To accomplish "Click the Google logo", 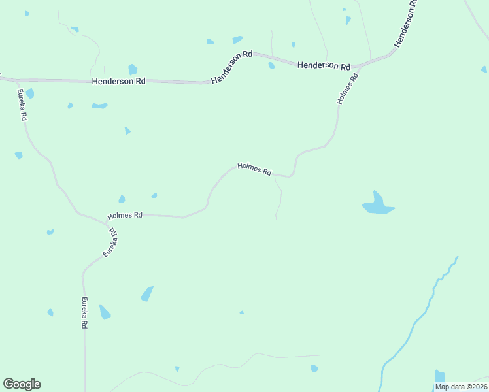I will click(x=22, y=384).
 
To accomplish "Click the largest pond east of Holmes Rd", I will click(x=378, y=205).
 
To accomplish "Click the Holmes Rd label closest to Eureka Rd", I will click(x=125, y=215).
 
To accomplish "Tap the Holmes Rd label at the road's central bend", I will click(x=254, y=169).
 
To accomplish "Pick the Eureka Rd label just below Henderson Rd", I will click(x=22, y=105).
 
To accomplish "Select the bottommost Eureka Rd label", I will click(x=84, y=312).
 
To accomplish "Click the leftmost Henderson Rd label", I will click(x=118, y=81).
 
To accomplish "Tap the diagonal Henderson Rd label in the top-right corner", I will click(x=406, y=24).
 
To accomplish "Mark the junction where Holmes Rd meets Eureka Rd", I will click(x=107, y=223).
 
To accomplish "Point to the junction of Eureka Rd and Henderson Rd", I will click(x=14, y=80).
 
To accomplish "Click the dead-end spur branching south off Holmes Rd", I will click(x=279, y=199).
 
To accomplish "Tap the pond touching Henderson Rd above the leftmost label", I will click(x=133, y=69).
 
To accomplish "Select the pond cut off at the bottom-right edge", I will click(x=439, y=377).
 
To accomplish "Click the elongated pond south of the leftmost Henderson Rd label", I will click(x=99, y=105).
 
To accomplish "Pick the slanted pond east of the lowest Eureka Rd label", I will click(x=147, y=294).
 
